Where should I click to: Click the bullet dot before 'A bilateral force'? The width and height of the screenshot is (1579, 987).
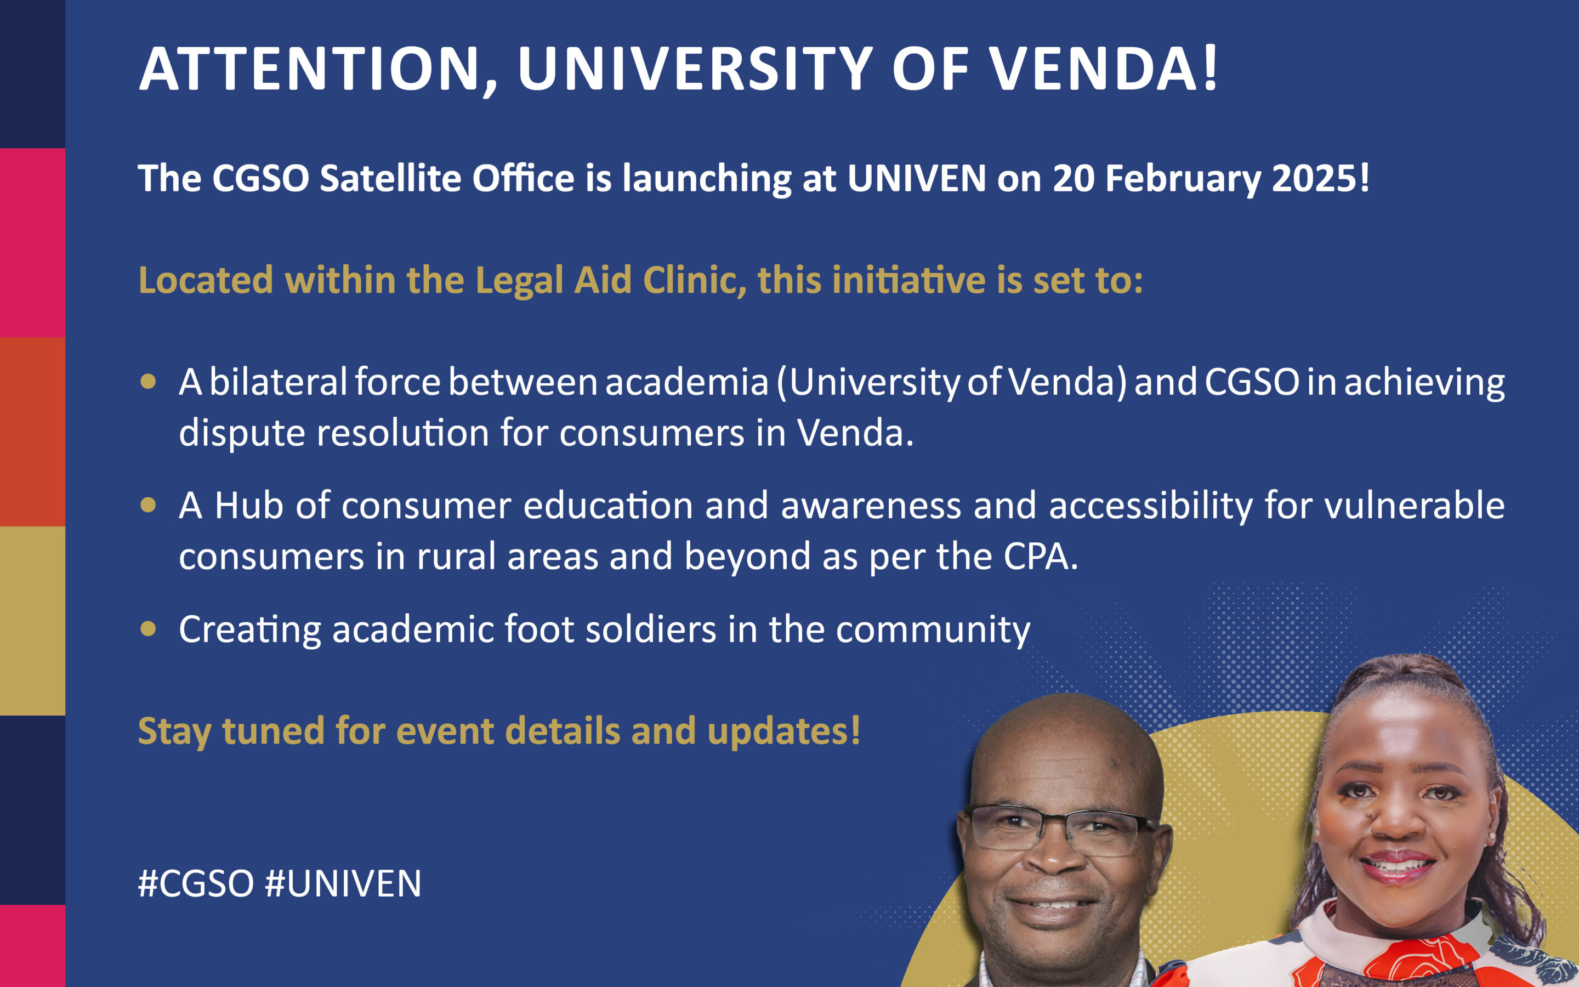[x=148, y=381]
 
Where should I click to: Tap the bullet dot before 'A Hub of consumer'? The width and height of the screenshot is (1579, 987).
[x=148, y=504]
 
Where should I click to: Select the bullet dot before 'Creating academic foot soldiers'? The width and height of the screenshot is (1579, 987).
[x=148, y=628]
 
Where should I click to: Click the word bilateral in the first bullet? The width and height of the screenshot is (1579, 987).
[x=278, y=381]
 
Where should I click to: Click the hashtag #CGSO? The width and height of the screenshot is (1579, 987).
[x=196, y=884]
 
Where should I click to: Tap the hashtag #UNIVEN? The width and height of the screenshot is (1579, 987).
[x=343, y=884]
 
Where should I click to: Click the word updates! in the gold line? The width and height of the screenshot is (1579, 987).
[x=783, y=731]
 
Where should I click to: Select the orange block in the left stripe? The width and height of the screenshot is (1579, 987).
[x=33, y=432]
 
